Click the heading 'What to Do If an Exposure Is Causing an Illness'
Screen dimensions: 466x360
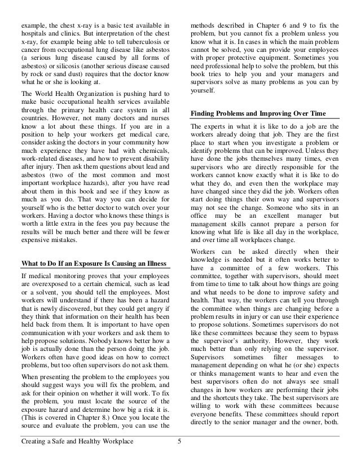click(93, 263)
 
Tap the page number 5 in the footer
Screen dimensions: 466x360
click(179, 449)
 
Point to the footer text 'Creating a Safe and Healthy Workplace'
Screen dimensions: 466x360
click(77, 449)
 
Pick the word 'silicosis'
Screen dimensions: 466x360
click(69, 65)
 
